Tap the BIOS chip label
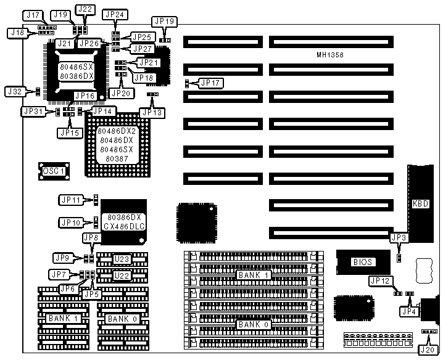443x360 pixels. [362, 262]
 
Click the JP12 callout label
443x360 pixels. [379, 280]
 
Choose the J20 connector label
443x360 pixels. [425, 350]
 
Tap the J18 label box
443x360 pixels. [16, 33]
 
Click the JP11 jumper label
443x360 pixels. [70, 200]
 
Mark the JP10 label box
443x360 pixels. [70, 222]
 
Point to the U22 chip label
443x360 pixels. [122, 275]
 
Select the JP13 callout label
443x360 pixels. [151, 112]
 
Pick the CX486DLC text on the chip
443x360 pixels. [124, 227]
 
